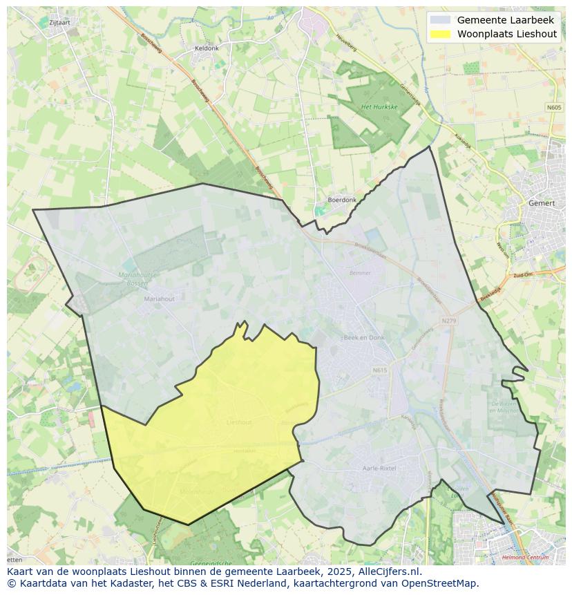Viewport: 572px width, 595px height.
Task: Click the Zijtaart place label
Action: pos(59,22)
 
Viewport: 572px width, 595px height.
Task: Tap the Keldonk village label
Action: pos(207,48)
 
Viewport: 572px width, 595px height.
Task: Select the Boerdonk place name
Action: pos(342,200)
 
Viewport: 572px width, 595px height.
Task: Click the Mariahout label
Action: pos(160,299)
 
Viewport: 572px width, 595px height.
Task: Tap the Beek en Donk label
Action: pos(364,338)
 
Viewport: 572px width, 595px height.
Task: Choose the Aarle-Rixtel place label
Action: pos(379,468)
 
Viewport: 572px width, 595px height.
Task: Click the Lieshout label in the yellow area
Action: pos(239,422)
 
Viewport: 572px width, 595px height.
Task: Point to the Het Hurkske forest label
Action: pos(379,107)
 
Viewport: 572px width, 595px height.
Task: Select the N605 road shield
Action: pos(554,107)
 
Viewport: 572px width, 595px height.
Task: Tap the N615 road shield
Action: pos(380,370)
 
